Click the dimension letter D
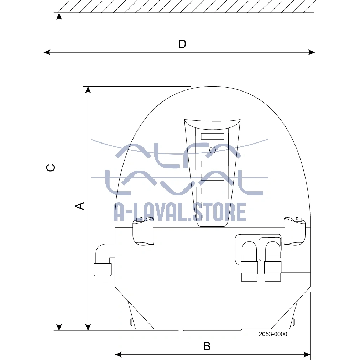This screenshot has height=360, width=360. coord(182,44)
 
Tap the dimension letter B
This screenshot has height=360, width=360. coord(207,346)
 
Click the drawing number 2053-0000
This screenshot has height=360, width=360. coord(273,334)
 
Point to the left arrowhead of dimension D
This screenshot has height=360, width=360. coord(47,52)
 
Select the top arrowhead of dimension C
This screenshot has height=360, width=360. coord(59,16)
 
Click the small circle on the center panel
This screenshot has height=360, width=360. coord(213,150)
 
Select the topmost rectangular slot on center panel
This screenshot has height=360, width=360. coord(212,136)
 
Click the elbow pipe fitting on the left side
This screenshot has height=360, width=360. coord(103,264)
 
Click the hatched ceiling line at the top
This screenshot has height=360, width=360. coord(185,6)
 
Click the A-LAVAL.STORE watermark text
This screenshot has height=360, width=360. coord(180,212)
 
